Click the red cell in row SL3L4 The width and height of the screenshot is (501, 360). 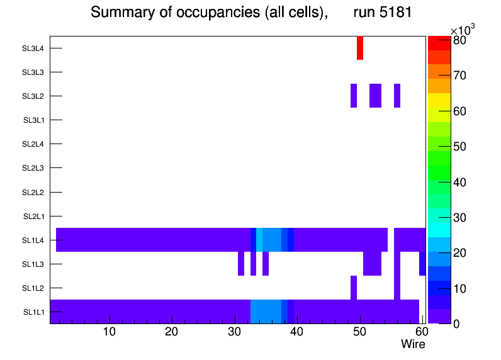360,48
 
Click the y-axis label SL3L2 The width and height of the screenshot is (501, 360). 33,96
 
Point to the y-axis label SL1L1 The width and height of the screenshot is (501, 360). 34,312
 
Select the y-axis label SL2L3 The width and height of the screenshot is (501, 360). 33,168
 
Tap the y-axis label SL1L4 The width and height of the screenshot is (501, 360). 33,240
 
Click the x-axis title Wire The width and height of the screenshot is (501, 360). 413,344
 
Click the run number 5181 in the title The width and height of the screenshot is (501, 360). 382,13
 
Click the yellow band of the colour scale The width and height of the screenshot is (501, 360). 439,100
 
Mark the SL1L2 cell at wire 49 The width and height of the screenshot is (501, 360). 354,288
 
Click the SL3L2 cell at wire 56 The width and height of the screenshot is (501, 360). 397,96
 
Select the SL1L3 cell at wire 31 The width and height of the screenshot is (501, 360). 241,264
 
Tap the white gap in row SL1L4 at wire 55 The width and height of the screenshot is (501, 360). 391,240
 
